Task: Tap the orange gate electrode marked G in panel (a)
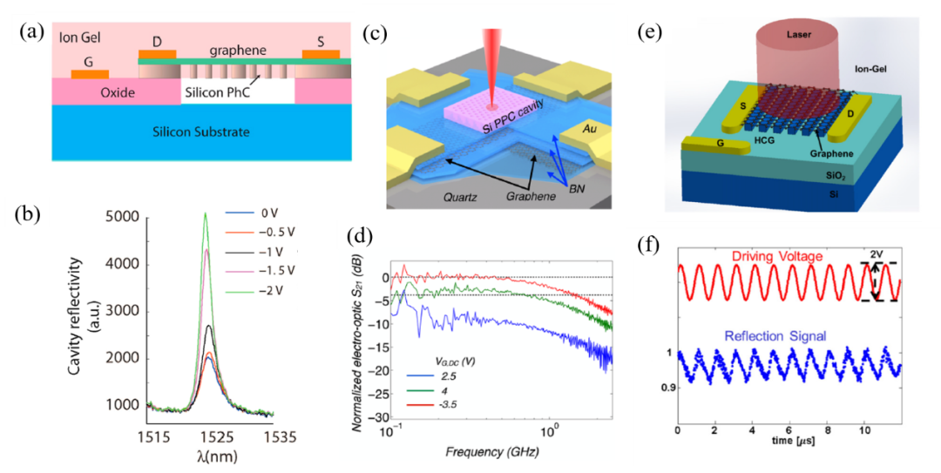[x=90, y=73]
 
